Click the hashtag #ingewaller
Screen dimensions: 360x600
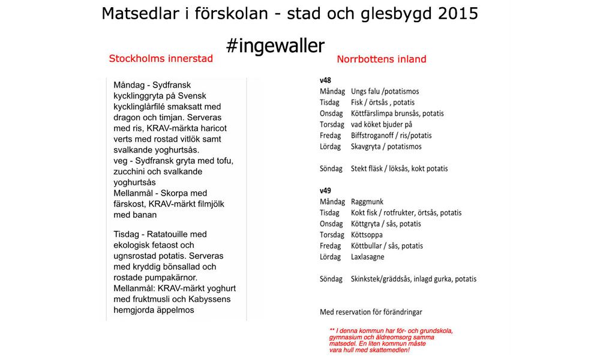coord(275,46)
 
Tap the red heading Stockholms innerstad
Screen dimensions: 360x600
coord(161,59)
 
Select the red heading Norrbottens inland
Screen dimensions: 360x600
coord(382,59)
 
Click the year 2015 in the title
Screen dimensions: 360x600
coord(453,13)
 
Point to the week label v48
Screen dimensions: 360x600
coord(326,80)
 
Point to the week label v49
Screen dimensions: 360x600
coord(326,191)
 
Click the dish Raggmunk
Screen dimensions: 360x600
coord(367,202)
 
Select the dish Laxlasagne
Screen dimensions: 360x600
coord(368,257)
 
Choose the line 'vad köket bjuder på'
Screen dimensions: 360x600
coord(382,124)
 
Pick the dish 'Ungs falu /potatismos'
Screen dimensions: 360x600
coord(385,91)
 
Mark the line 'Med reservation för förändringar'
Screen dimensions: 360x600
coord(371,312)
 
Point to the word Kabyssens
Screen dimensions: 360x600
coord(205,299)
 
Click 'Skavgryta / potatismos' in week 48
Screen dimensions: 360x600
coord(386,146)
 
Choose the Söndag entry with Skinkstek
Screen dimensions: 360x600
coord(413,279)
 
